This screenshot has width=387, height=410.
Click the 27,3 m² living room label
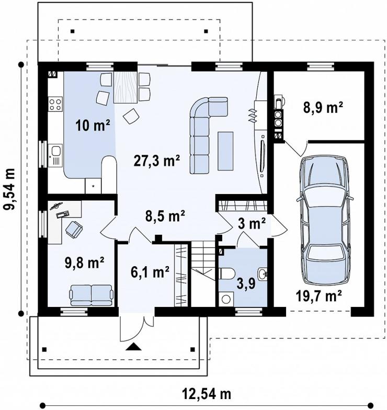click(157, 160)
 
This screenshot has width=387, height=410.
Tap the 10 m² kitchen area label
click(93, 126)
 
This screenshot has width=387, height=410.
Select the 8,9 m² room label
click(323, 107)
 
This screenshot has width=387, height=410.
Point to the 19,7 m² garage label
click(319, 296)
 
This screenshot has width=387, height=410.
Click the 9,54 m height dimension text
click(9, 189)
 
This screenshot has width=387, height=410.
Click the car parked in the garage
click(325, 221)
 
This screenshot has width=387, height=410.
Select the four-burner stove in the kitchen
click(55, 104)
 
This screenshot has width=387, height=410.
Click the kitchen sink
click(55, 155)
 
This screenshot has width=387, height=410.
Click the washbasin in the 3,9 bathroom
click(263, 274)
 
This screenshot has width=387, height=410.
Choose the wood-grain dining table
click(126, 87)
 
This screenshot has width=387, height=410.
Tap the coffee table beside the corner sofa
click(225, 151)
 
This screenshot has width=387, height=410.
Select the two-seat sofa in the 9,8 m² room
click(91, 295)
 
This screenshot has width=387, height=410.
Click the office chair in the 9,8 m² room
click(74, 229)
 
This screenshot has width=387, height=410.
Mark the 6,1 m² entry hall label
click(150, 272)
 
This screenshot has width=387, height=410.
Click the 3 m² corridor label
click(252, 224)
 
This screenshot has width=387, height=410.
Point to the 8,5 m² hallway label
click(165, 216)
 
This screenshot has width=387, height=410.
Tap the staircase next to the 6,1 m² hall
click(203, 274)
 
